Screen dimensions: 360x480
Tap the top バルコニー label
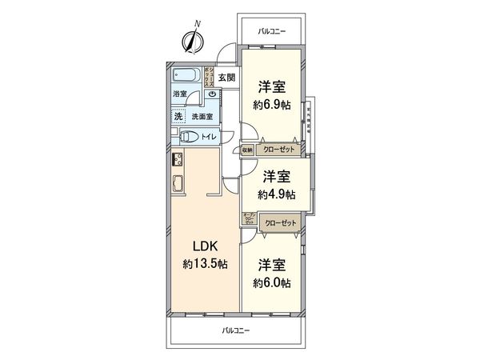click(x=272, y=31)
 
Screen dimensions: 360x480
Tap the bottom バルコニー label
click(x=236, y=329)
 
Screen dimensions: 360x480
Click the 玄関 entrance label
click(x=227, y=78)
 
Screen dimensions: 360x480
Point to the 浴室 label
click(x=182, y=94)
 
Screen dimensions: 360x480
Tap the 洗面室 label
click(x=202, y=117)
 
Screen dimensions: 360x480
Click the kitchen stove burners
click(x=178, y=158)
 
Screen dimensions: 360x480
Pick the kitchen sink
click(x=178, y=187)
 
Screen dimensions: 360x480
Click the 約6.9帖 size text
click(x=272, y=105)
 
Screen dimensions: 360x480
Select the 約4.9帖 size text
click(x=277, y=194)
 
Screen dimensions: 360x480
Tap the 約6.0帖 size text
click(x=272, y=282)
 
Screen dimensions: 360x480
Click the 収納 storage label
click(x=247, y=150)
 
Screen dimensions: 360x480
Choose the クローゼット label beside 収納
click(x=276, y=150)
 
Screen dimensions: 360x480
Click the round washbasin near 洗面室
click(x=212, y=94)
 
